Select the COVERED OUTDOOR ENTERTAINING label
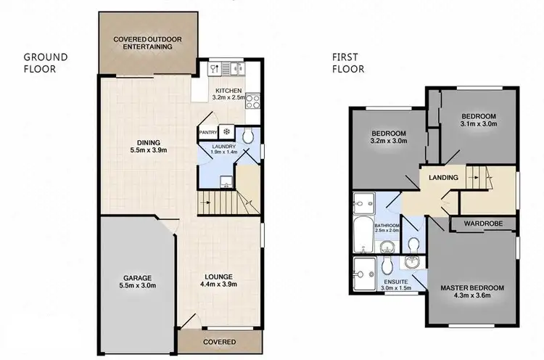[142, 42]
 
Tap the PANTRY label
[209, 132]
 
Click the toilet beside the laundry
[247, 136]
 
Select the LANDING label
[444, 178]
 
